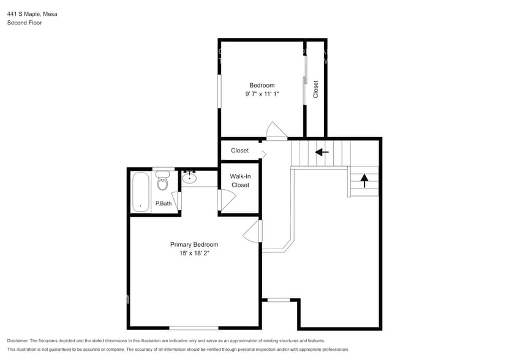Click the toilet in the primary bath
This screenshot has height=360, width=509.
pos(162,181)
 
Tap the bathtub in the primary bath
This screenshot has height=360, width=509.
pos(141,192)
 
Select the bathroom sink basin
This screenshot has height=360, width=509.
pos(190,179)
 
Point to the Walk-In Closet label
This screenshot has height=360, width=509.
pos(240,181)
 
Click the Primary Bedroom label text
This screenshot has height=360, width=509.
pos(194,244)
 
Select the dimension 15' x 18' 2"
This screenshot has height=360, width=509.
pos(194,253)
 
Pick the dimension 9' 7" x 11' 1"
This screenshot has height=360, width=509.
pos(262,94)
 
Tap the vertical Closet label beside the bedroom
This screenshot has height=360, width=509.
pos(316,89)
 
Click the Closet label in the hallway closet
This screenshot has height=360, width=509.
pos(239,151)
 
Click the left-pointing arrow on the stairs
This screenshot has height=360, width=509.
pos(322,152)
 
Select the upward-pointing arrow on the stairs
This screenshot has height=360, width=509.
pos(364,180)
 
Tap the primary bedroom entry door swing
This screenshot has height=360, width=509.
pos(252,231)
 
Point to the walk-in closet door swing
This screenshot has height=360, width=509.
pos(227,200)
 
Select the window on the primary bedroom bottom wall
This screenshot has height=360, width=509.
pos(194,328)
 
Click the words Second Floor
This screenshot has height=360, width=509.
pos(25,23)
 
